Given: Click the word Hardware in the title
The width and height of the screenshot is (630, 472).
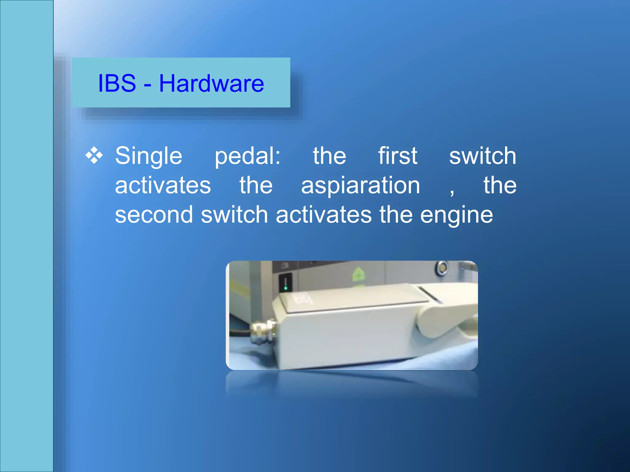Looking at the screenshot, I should [211, 83].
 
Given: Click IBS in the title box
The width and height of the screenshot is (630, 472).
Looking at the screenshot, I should [117, 83].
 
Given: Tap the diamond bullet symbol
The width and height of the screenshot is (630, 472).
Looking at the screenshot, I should [94, 155].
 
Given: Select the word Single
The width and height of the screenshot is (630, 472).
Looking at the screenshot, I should [149, 156].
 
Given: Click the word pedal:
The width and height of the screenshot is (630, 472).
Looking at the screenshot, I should [247, 156].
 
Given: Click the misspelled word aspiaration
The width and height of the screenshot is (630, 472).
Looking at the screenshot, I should [361, 186].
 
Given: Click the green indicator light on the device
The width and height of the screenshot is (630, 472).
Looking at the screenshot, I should [285, 288].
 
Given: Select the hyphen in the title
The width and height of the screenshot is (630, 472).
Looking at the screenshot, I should [147, 84].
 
